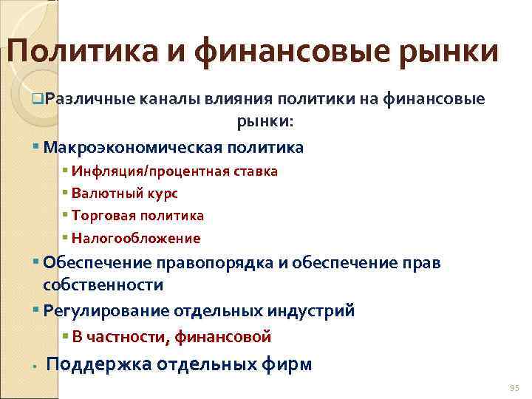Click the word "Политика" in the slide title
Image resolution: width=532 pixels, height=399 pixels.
[x=80, y=52]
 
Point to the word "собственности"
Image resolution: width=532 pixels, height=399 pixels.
[x=103, y=284]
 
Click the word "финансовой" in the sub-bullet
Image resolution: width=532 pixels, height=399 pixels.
[x=225, y=337]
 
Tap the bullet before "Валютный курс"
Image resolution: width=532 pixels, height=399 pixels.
[x=66, y=193]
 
